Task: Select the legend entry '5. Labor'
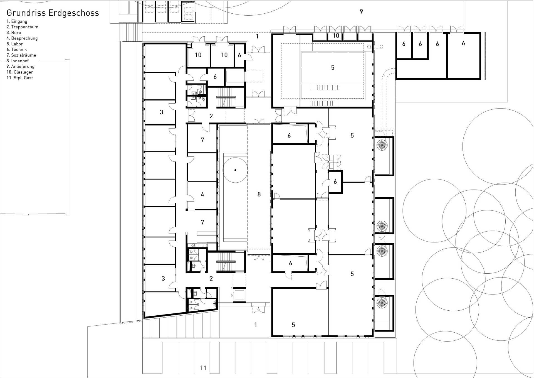coord(15,44)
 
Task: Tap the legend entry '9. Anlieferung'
coord(21,67)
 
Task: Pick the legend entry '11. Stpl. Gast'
coord(20,78)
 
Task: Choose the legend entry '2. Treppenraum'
coord(23,27)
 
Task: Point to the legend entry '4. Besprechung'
coord(22,38)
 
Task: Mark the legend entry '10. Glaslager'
coord(20,72)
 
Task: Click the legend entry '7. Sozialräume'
coord(21,55)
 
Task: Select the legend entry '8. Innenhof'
coord(18,61)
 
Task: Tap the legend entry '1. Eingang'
coord(17,21)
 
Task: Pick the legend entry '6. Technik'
coord(17,50)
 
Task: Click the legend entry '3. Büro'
coord(14,33)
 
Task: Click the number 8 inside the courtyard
coord(259,194)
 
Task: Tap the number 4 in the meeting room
coord(202,194)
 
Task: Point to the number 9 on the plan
coord(361,11)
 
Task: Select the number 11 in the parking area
coord(203,368)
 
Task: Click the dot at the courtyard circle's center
coord(235,170)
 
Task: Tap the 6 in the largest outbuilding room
coord(463,43)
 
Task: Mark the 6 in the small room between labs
coord(335,182)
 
